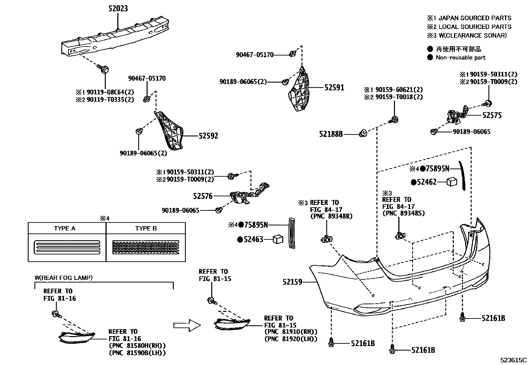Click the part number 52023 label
[x=118, y=8]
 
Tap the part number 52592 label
[x=208, y=136]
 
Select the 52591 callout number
[x=334, y=88]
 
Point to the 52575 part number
[x=492, y=115]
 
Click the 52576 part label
[x=203, y=196]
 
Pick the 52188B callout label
[x=331, y=134]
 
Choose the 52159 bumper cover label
[x=293, y=282]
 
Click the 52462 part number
[x=427, y=182]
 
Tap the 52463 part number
[x=253, y=239]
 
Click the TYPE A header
[x=65, y=228]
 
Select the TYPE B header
[x=146, y=228]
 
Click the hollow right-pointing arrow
[x=187, y=325]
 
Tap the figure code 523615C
[x=514, y=360]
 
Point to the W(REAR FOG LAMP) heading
[x=64, y=278]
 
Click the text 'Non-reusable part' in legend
[x=460, y=57]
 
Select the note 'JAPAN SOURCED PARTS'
[x=475, y=18]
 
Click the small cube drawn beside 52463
[x=278, y=239]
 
